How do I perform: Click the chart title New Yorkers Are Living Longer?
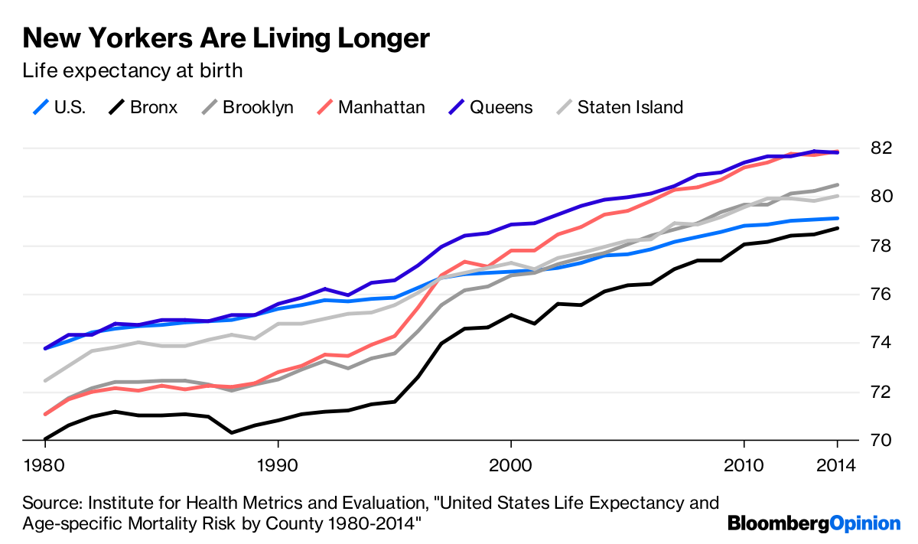(226, 37)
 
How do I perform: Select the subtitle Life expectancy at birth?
(132, 71)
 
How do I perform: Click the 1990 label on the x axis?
(278, 466)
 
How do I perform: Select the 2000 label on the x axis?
(510, 466)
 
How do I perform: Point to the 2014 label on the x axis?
(837, 466)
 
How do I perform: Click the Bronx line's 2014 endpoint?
(838, 228)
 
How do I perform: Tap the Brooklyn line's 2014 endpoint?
(838, 184)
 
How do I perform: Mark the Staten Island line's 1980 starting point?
(45, 380)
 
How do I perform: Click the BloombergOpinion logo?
(814, 523)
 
